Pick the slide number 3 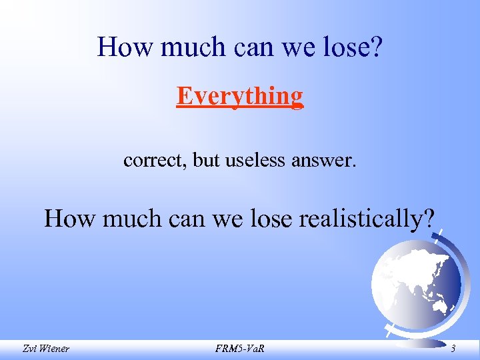tap(453, 349)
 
